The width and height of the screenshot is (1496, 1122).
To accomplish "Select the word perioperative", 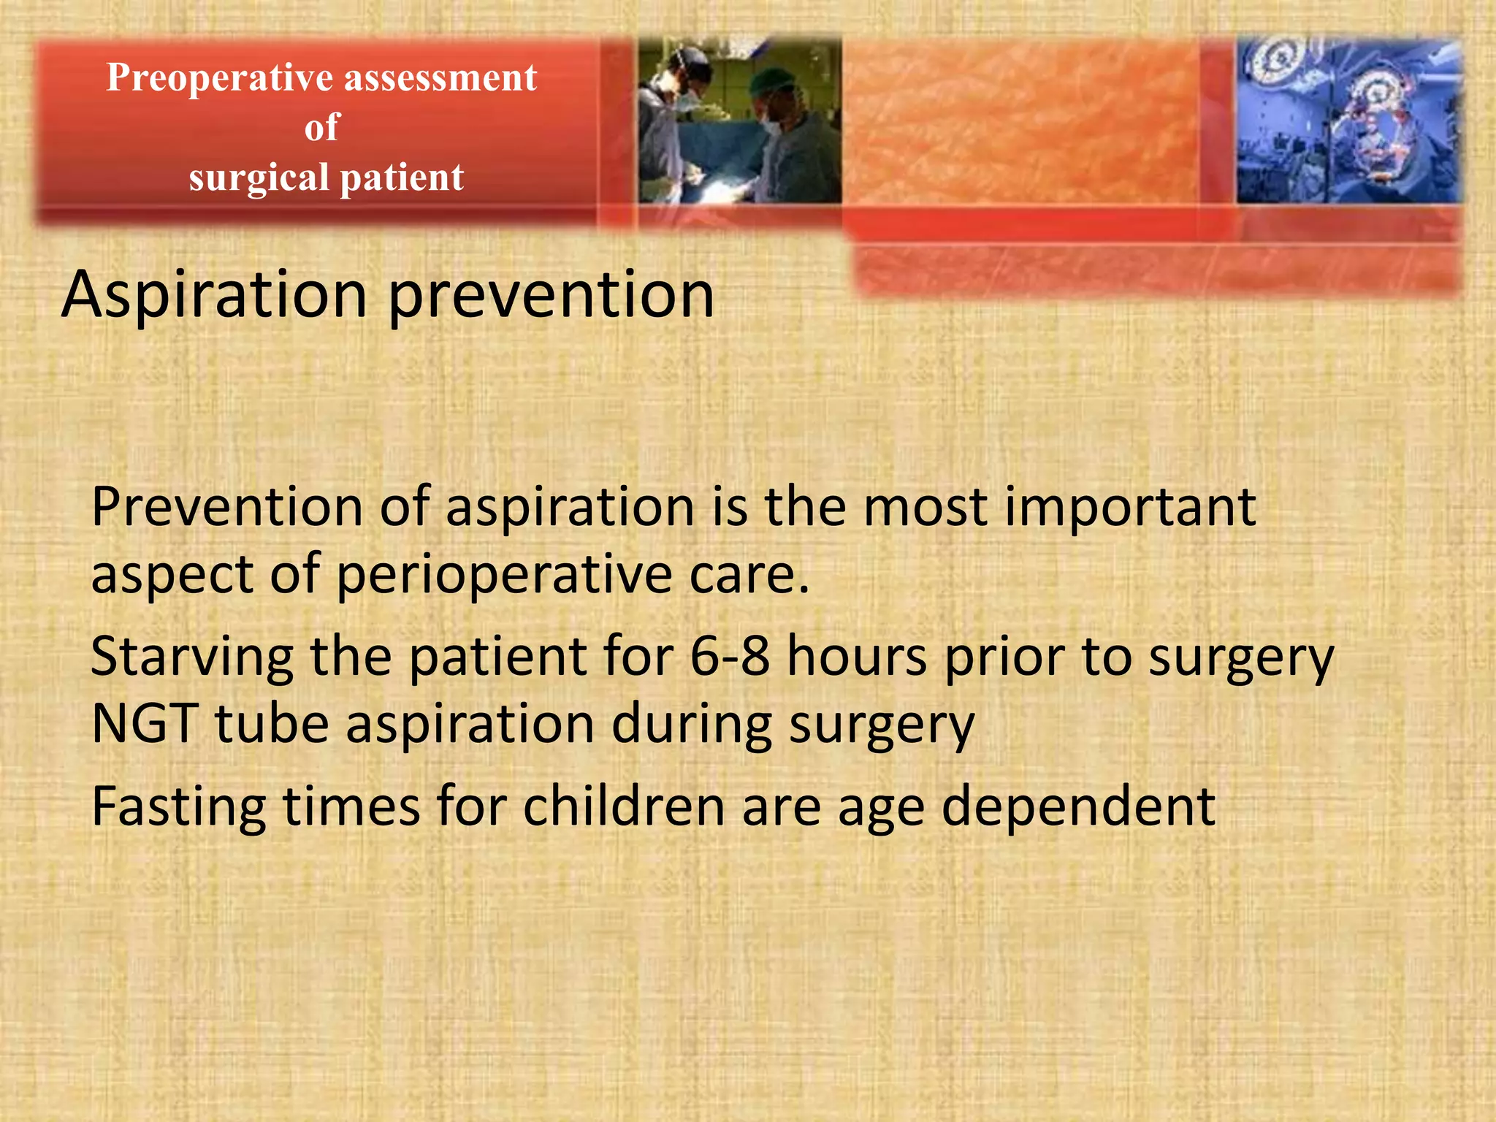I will click(503, 574).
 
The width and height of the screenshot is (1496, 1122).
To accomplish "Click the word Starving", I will click(191, 656).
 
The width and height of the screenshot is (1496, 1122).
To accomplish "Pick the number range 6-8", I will click(730, 656).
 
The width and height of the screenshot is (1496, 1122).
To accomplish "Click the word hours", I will click(857, 656).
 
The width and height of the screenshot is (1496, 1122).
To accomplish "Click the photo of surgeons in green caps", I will click(739, 121).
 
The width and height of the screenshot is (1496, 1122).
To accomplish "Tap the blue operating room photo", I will click(1348, 121).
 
